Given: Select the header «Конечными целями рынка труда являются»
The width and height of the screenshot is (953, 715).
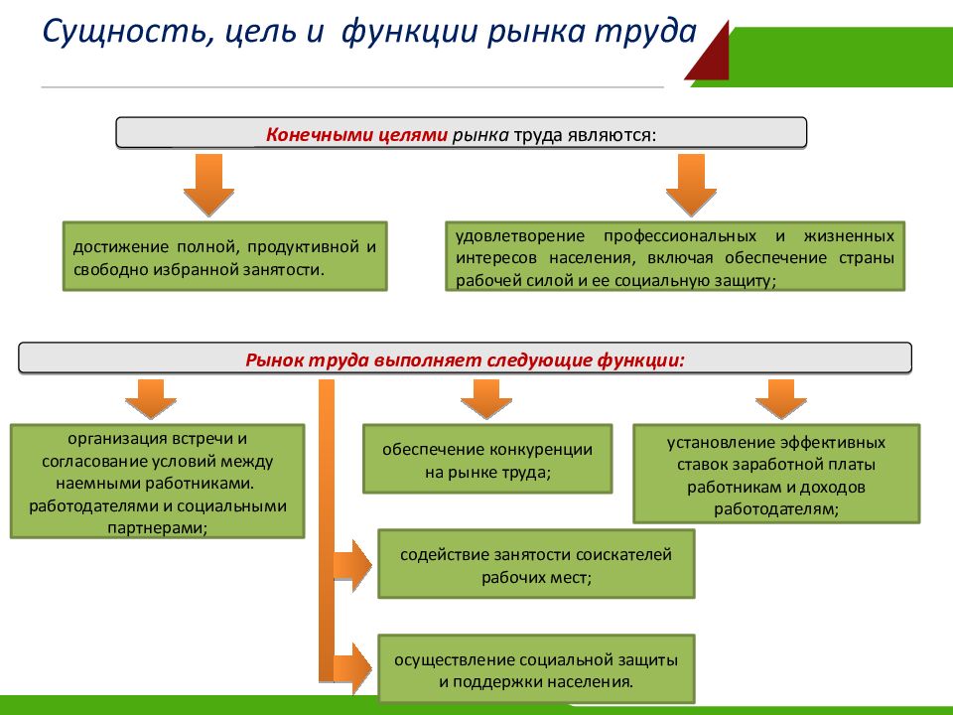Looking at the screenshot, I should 461,133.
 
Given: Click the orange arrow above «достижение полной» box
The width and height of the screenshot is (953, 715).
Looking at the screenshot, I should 208,186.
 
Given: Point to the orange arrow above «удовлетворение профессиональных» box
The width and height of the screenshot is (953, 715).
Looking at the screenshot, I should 690,186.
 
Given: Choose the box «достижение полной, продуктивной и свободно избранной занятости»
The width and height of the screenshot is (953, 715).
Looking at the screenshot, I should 224,256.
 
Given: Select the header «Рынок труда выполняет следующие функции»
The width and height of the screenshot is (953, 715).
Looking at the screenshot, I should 465,358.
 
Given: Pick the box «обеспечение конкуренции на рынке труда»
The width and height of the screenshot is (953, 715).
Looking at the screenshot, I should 487,460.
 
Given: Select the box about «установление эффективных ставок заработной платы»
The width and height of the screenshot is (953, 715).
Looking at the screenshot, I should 776,475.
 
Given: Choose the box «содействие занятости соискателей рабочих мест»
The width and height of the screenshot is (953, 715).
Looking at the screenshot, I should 536,564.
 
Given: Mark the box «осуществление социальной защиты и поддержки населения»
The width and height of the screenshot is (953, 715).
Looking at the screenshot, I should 536,670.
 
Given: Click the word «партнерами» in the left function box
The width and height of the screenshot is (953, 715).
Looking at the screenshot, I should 156,527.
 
